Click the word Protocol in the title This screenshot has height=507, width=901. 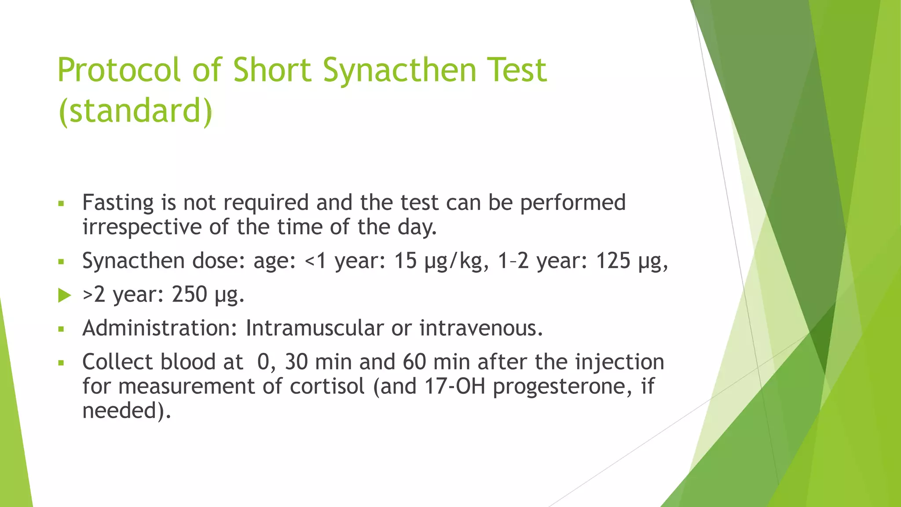pos(119,70)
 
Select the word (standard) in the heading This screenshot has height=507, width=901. pos(135,111)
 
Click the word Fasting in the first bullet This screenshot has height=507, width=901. pos(118,203)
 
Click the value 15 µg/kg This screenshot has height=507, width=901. pos(441,261)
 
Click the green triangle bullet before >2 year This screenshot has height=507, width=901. pos(64,295)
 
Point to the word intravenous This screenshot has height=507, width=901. pos(480,328)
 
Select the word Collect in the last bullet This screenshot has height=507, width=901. pos(117,362)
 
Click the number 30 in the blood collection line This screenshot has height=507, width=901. pos(296,362)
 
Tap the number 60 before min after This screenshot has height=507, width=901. pos(414,362)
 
